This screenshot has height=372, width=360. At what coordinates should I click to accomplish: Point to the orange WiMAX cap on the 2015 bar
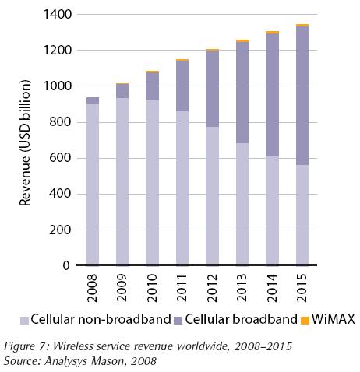coord(302,26)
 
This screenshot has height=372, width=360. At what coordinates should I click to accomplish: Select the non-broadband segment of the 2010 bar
coord(153,182)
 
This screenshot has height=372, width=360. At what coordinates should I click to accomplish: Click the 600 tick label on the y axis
coord(62,158)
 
